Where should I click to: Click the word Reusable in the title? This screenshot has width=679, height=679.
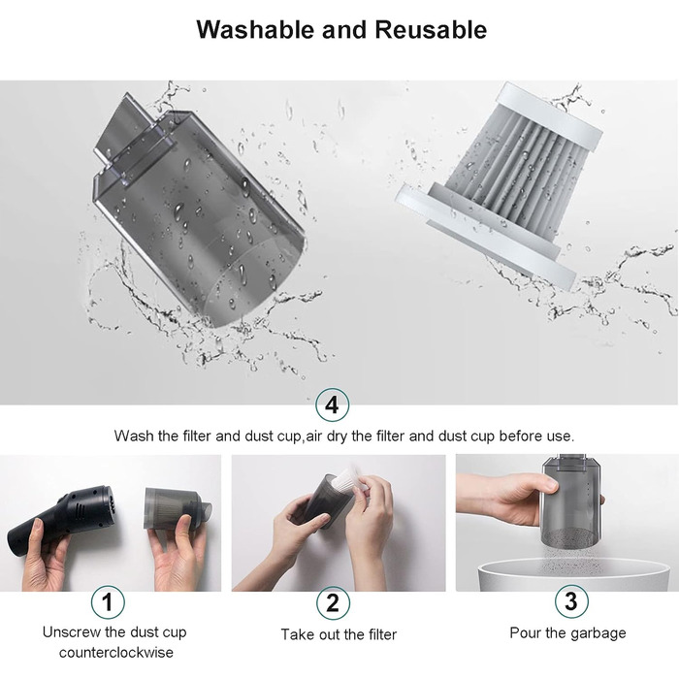(431, 29)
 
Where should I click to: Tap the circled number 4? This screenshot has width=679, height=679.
(332, 404)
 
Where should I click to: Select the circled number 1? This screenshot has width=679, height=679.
(108, 602)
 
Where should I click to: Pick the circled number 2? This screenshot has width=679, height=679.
(333, 602)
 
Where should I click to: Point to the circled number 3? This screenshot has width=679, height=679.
(571, 601)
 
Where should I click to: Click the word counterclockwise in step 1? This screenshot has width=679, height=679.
(116, 652)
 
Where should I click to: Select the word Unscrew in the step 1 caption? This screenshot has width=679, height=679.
(69, 632)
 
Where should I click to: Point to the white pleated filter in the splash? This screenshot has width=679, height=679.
(498, 182)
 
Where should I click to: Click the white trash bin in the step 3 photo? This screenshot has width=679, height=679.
(576, 575)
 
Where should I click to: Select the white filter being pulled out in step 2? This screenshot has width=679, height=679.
(350, 481)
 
